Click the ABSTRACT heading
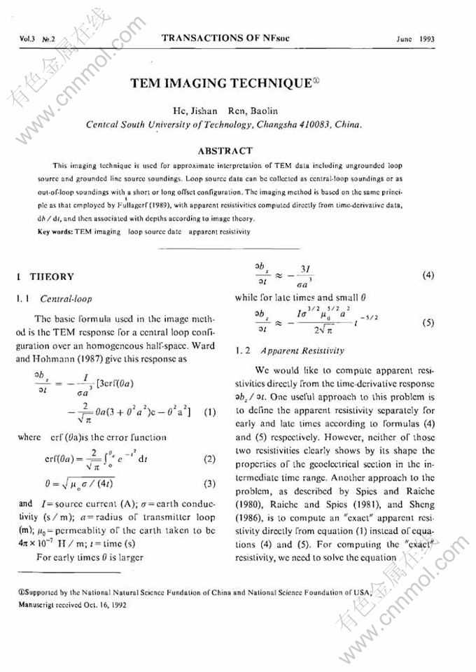pyautogui.click(x=225, y=150)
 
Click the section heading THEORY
pyautogui.click(x=53, y=277)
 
